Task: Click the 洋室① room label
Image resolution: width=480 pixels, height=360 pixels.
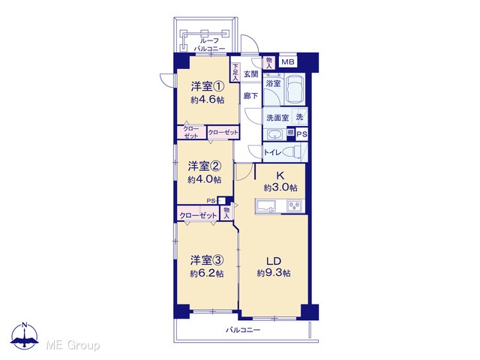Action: point(208,87)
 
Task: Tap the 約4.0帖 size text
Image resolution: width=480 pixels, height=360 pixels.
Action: point(205,180)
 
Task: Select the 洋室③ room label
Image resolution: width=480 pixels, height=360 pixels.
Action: point(207,260)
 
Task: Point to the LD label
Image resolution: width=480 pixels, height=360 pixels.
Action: point(274,261)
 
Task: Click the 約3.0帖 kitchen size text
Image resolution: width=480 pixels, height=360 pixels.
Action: point(280,187)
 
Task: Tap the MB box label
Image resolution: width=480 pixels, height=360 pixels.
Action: point(288,62)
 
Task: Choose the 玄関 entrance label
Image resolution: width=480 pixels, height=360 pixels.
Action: point(250,73)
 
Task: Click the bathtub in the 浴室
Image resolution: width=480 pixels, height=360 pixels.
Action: point(295,89)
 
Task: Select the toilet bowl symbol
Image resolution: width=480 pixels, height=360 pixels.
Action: point(292,151)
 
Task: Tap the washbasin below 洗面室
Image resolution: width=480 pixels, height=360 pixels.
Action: point(275,134)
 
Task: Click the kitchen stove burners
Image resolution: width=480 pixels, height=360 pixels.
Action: point(295,205)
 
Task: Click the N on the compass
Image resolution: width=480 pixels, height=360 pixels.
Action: point(25,325)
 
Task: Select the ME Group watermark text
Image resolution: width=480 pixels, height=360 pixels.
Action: point(73,345)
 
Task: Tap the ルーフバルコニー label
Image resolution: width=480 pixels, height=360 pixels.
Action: point(209,44)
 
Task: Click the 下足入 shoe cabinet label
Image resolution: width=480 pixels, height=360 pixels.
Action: point(235,72)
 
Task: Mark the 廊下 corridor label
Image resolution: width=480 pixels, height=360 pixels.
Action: point(250,96)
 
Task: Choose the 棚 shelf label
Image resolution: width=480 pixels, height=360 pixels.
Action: point(290,132)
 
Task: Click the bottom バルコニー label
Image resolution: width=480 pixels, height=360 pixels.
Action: point(243,330)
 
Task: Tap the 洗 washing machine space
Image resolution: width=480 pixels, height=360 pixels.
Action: point(299,117)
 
